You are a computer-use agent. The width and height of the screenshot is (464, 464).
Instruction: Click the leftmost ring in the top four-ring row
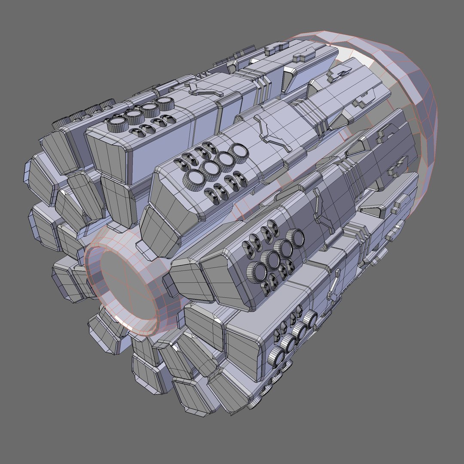[115, 125]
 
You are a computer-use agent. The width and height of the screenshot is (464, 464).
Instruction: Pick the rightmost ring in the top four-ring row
[164, 103]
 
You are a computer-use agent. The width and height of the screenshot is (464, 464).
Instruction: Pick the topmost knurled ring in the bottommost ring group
[310, 318]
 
